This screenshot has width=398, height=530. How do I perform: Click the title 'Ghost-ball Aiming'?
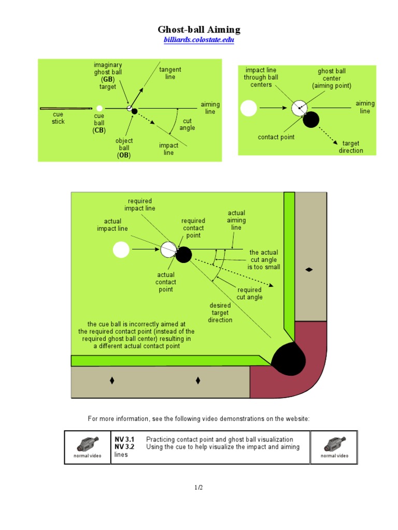199,30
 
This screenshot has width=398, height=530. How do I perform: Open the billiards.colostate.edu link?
199,40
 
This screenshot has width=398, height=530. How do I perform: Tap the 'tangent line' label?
170,73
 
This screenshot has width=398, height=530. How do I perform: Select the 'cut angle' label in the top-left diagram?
187,124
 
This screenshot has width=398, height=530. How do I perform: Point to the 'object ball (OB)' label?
124,148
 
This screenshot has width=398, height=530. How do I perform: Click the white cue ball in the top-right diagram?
249,108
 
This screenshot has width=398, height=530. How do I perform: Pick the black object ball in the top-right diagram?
311,120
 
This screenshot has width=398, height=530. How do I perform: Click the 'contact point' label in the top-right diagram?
276,137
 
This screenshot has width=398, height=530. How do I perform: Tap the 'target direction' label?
351,147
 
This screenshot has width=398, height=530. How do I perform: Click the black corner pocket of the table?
289,358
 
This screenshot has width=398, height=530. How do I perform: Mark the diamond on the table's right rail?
309,270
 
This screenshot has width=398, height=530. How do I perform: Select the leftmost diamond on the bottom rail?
111,381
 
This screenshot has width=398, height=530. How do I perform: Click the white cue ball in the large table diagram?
121,250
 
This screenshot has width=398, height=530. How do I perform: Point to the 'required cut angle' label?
250,293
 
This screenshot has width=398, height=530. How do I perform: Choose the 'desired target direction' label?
220,313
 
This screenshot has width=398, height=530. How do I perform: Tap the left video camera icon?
87,445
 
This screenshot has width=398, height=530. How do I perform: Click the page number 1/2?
198,487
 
